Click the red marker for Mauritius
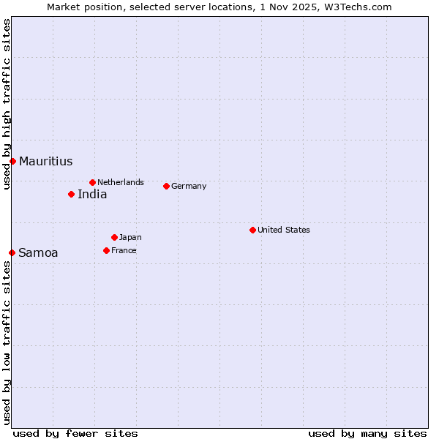click(x=12, y=161)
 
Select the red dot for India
click(x=71, y=194)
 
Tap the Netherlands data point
click(x=92, y=182)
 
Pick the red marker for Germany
click(x=166, y=186)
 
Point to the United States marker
click(x=252, y=230)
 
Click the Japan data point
click(x=114, y=237)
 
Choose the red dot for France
click(x=106, y=250)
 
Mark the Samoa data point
click(x=12, y=252)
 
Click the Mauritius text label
click(x=45, y=162)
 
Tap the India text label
click(x=92, y=195)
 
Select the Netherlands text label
click(x=121, y=182)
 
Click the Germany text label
click(x=189, y=186)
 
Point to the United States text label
click(x=284, y=230)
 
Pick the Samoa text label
click(x=38, y=253)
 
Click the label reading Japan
click(x=130, y=237)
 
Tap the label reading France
click(x=124, y=250)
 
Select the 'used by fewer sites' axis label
click(x=75, y=433)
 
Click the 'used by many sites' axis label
click(x=367, y=433)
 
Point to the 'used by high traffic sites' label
click(x=7, y=104)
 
